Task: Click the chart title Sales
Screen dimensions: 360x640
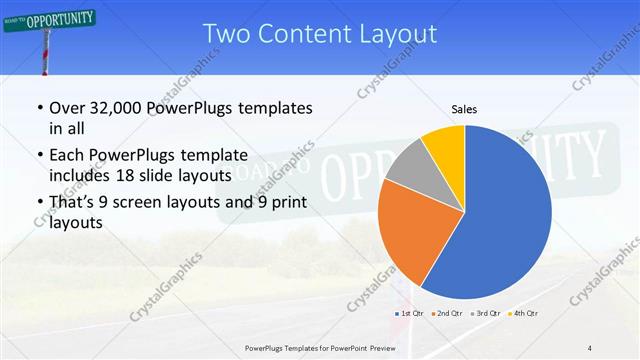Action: [x=464, y=108]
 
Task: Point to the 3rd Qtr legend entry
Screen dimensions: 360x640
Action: [x=485, y=313]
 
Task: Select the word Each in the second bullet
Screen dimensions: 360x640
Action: [x=67, y=155]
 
